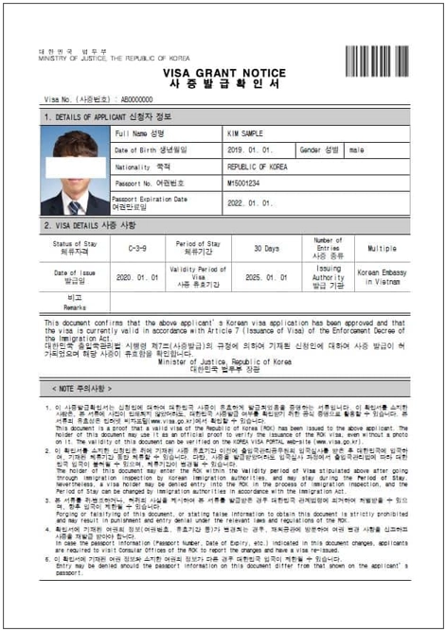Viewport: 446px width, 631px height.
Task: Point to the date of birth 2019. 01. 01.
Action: [x=251, y=149]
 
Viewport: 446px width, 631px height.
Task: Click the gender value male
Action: [x=357, y=149]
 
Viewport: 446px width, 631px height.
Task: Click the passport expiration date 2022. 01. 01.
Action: [x=251, y=202]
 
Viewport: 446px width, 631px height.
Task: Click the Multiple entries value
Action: [x=382, y=248]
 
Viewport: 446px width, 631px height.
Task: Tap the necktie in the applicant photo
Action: [x=74, y=203]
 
